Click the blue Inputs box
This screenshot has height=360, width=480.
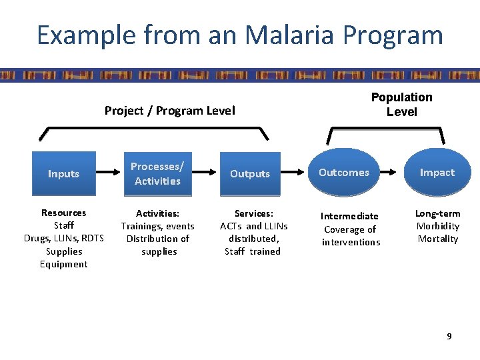pyautogui.click(x=63, y=174)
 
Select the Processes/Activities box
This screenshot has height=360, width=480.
pyautogui.click(x=157, y=174)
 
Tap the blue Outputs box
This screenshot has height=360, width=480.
pyautogui.click(x=250, y=174)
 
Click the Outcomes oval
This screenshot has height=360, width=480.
pyautogui.click(x=344, y=173)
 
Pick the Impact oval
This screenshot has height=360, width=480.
pyautogui.click(x=437, y=173)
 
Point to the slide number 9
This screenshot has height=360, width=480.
pyautogui.click(x=449, y=337)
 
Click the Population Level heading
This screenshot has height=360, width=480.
pyautogui.click(x=401, y=105)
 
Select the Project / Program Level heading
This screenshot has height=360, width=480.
pyautogui.click(x=169, y=111)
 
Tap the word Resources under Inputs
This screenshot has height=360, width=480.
pyautogui.click(x=64, y=213)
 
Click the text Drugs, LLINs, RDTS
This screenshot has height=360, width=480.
pyautogui.click(x=64, y=239)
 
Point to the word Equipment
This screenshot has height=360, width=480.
pyautogui.click(x=64, y=265)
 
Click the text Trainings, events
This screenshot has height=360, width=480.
pyautogui.click(x=157, y=226)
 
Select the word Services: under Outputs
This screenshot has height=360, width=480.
pyautogui.click(x=253, y=213)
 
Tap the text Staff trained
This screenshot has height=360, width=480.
pyautogui.click(x=253, y=251)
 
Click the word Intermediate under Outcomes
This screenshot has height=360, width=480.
pyautogui.click(x=349, y=216)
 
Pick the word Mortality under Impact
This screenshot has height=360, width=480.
pyautogui.click(x=437, y=239)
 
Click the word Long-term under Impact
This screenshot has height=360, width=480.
pyautogui.click(x=437, y=213)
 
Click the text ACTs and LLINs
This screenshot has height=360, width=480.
pyautogui.click(x=253, y=226)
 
